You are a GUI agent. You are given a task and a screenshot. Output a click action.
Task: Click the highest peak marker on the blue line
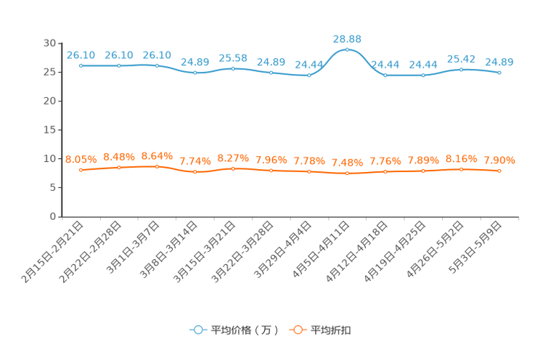coord(347,49)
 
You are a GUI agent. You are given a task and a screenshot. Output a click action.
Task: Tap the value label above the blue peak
coord(347,38)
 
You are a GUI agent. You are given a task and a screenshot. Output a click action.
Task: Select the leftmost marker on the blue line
coord(81,65)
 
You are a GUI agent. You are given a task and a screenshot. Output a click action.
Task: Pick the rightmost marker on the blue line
coord(499,73)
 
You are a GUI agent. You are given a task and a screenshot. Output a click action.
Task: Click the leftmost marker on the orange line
coord(81,169)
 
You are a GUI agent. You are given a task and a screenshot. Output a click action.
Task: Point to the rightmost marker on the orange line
coord(499,171)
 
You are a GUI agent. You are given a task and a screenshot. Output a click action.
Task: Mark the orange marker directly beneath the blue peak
coord(347,173)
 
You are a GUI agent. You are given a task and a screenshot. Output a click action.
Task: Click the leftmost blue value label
coord(81,54)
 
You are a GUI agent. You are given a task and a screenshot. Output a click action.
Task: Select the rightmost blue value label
coord(499,62)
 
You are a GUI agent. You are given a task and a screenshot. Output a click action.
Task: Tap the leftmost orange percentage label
coord(81,159)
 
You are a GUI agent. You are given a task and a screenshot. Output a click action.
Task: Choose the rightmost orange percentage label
coord(499,160)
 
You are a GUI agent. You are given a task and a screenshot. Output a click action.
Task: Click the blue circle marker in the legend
coord(198,330)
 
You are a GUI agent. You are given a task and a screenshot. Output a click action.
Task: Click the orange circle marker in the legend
coord(297,330)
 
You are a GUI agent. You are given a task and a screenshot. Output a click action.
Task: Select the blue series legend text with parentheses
coord(244,330)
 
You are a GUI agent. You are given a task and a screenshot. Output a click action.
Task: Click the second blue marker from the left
coord(118,65)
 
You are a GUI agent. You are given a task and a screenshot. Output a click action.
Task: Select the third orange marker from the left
coord(157,166)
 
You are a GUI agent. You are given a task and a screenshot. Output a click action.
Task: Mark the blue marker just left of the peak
coord(309,75)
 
